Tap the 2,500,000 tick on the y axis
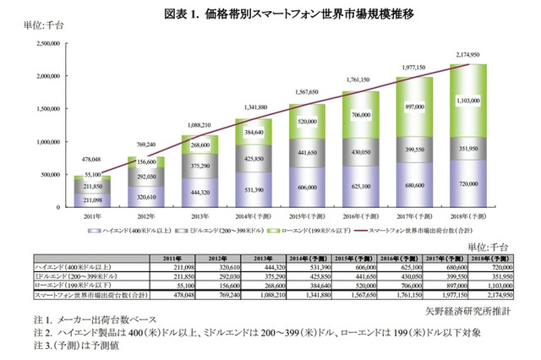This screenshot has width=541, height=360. pos(51,42)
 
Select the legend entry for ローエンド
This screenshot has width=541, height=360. pos(309,230)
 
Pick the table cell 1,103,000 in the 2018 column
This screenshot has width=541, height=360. pos(491,285)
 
